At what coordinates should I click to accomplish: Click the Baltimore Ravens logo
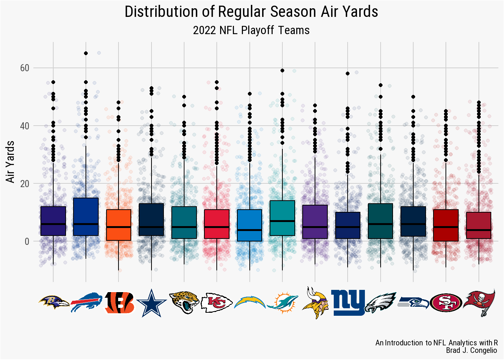pos(53,302)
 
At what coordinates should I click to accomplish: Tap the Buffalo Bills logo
pos(86,302)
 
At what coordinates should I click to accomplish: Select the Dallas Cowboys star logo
pos(151,302)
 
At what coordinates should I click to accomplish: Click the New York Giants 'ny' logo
pos(348,302)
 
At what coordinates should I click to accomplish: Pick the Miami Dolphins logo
pos(282,302)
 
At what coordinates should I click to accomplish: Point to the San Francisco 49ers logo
pos(446,303)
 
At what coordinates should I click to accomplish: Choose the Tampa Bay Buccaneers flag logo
pos(479,302)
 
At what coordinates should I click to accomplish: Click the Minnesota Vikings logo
pos(315,302)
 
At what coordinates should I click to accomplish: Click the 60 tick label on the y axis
pos(25,68)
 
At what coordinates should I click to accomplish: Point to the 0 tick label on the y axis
pos(27,242)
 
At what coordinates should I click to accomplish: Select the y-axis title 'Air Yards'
pos(10,162)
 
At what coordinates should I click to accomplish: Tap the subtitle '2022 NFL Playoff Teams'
pos(251,30)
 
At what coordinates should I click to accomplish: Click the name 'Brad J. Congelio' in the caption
pos(471,351)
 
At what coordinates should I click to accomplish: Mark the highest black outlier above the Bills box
pos(86,53)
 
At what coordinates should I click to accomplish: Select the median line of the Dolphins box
pos(282,221)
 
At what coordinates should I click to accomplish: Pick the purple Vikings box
pos(315,222)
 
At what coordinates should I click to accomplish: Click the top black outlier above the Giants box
pos(348,73)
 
